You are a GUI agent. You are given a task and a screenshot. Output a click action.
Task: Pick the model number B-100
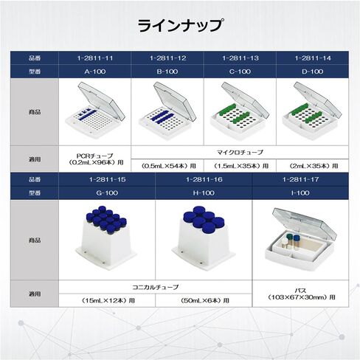(x=167, y=72)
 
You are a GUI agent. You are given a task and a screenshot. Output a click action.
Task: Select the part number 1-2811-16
(x=204, y=179)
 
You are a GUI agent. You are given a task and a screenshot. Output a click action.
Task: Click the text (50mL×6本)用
(x=204, y=300)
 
